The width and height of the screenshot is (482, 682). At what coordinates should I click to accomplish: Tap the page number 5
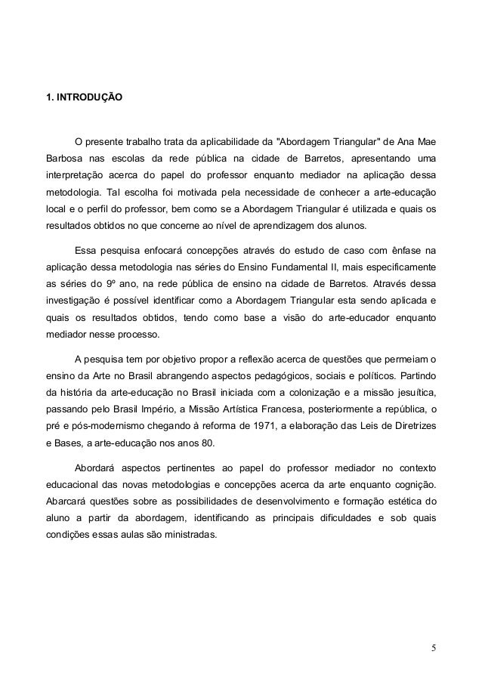[x=434, y=647]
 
